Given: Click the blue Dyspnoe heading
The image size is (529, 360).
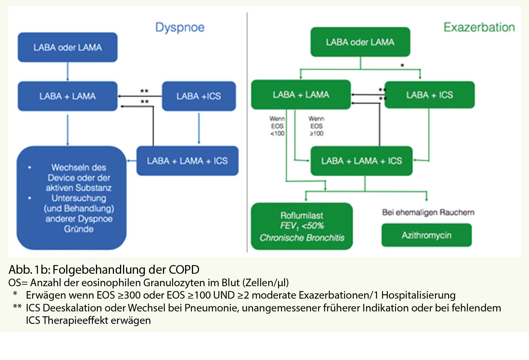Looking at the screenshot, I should point(180,27).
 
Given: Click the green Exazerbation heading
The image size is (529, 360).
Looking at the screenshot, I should point(479,27).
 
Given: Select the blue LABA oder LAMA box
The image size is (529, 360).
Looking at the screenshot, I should point(68,47).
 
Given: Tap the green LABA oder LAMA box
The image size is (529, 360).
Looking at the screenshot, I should point(360,42).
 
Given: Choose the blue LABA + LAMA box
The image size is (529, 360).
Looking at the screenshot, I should point(68,96).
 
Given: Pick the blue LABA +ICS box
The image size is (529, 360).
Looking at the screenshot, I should point(199,96).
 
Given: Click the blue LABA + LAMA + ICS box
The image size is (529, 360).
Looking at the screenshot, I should point(187,161).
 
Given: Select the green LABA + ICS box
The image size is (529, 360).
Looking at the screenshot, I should point(429,95).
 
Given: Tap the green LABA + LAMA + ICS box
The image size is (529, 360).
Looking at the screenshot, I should point(361,161).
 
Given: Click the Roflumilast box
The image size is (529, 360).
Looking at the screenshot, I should point(302,226).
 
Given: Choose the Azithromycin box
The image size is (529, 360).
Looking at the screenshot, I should point(426,235).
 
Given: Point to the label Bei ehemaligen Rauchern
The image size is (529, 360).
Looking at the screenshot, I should point(428,212).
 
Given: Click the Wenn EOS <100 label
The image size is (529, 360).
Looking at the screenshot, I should point(277,126).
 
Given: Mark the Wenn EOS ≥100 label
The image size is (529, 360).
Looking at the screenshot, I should point(316,126).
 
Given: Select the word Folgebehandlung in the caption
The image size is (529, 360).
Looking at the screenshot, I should point(99,270).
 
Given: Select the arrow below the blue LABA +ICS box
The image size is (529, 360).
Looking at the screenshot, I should point(199,128).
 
